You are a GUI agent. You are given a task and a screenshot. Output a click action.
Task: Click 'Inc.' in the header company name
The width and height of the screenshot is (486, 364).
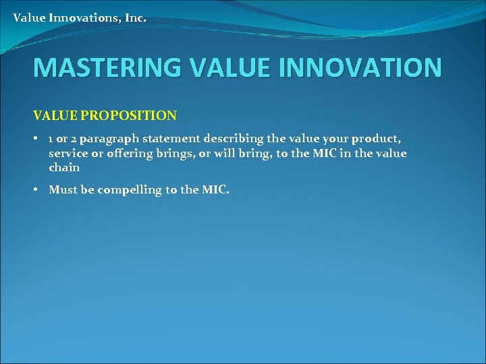pyautogui.click(x=134, y=18)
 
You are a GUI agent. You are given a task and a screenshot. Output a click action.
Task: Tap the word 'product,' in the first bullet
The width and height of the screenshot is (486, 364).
pyautogui.click(x=377, y=139)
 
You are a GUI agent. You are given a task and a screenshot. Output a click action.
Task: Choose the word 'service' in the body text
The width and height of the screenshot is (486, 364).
pyautogui.click(x=65, y=153)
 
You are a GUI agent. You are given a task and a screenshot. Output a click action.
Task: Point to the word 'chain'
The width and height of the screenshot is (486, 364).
pyautogui.click(x=64, y=167)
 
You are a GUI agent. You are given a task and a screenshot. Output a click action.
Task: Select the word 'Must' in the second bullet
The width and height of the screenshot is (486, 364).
pyautogui.click(x=63, y=190)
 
